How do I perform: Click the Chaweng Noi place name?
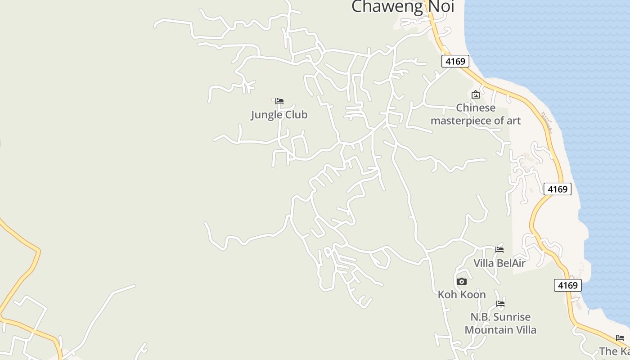(x=402, y=6)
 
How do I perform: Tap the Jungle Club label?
(x=279, y=115)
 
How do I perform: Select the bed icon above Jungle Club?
(x=279, y=101)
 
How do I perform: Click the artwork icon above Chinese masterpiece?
(x=475, y=94)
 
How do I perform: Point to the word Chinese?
(x=476, y=108)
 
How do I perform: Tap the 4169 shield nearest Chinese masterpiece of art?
(x=455, y=61)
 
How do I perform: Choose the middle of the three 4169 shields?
(x=558, y=189)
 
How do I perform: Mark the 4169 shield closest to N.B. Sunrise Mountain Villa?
(x=568, y=285)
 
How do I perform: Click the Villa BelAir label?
(x=499, y=263)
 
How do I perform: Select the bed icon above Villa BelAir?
(x=499, y=250)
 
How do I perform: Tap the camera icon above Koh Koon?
(x=462, y=282)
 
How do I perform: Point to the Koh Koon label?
(x=462, y=295)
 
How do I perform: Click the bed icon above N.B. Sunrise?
(x=500, y=304)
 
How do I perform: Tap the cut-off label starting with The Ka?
(x=615, y=351)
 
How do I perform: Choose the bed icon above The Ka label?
(x=620, y=338)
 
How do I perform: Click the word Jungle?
(x=265, y=115)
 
